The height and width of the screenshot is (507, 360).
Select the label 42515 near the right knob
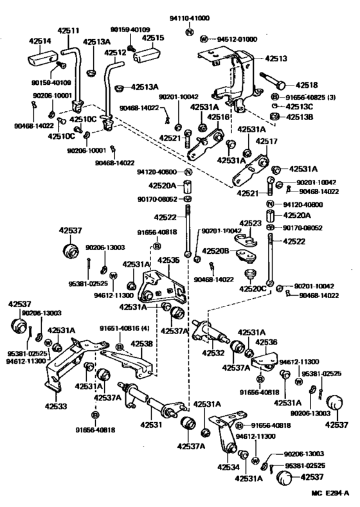pyautogui.click(x=153, y=38)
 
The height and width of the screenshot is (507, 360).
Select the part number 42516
pyautogui.click(x=217, y=118)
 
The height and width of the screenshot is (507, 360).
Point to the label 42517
pyautogui.click(x=267, y=141)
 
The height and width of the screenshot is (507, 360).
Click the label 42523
pyautogui.click(x=251, y=224)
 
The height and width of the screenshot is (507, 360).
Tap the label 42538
pyautogui.click(x=142, y=343)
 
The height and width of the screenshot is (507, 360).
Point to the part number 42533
pyautogui.click(x=57, y=406)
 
